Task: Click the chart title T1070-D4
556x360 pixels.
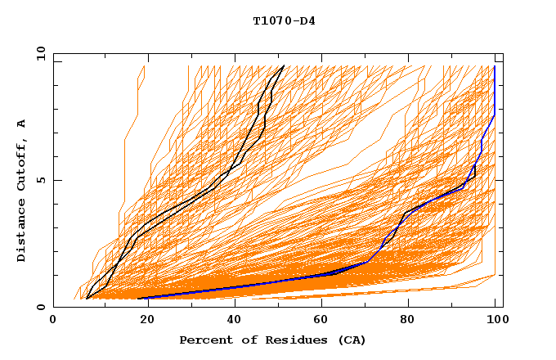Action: [284, 20]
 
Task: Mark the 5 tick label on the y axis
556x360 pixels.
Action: [39, 180]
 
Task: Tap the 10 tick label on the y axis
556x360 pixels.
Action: [37, 54]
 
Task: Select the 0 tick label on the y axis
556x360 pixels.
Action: [39, 307]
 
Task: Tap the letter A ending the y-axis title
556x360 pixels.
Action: [21, 124]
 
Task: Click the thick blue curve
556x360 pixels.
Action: [245, 286]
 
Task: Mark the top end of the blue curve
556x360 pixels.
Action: [495, 67]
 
